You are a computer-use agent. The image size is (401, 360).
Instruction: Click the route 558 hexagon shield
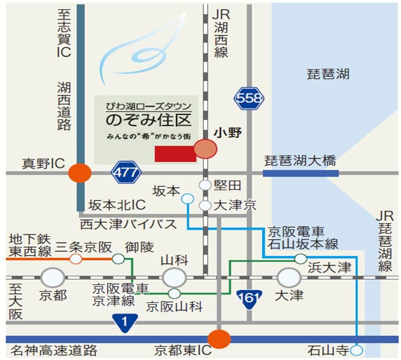coord(249,99)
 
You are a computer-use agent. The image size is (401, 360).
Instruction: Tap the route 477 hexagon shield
coord(126,173)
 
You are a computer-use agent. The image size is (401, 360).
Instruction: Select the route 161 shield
coord(249,298)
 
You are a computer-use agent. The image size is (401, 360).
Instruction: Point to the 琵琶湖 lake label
coord(328,74)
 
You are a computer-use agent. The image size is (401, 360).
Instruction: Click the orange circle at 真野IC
coord(80,173)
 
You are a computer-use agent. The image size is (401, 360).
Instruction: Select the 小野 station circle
coord(205,148)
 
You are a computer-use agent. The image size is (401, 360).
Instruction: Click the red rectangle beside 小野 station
coord(175,154)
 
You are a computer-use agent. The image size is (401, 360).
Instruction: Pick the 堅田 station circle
coord(205,185)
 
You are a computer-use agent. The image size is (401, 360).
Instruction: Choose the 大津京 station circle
coord(205,205)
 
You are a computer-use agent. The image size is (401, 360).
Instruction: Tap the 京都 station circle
coord(53,277)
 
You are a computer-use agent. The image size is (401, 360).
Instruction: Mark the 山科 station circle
coord(174,277)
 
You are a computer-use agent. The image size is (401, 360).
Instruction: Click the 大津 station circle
coord(289,277)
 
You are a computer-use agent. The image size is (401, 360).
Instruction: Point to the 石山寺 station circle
coord(358,350)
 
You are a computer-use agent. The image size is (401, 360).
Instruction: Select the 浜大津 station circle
coord(301,258)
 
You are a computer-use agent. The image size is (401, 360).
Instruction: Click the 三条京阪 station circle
coord(76,258)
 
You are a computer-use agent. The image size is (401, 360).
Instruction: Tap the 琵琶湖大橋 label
coord(300,162)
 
